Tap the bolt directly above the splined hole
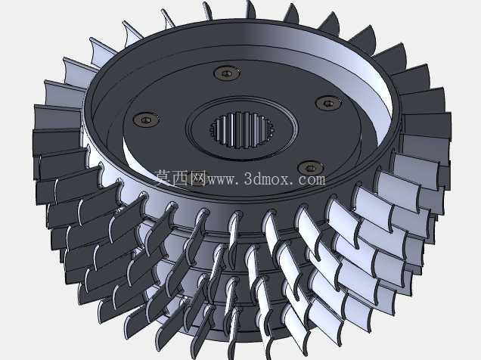click(227, 74)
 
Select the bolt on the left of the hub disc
click(146, 119)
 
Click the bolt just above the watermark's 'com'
click(310, 168)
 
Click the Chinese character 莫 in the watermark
click(164, 178)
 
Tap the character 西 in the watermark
click(181, 178)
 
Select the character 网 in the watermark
click(198, 178)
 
